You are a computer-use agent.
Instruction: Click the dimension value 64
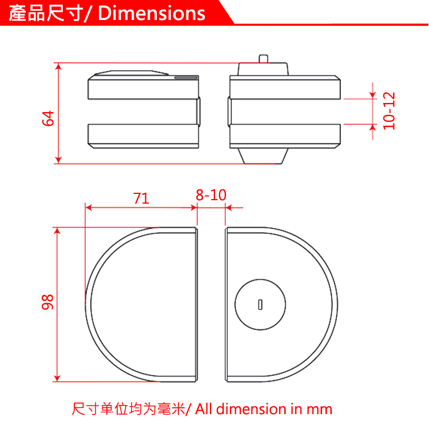(48, 118)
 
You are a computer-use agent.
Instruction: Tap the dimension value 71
(141, 198)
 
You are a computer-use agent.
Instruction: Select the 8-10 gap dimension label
(211, 195)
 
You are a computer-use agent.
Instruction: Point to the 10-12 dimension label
(390, 111)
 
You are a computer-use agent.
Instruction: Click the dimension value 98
(48, 301)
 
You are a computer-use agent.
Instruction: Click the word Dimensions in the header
(152, 13)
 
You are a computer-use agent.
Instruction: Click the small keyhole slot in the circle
(261, 304)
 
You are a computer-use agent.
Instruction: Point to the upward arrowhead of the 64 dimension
(58, 67)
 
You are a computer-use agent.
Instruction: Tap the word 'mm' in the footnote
(319, 410)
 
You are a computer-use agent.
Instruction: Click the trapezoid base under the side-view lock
(263, 155)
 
